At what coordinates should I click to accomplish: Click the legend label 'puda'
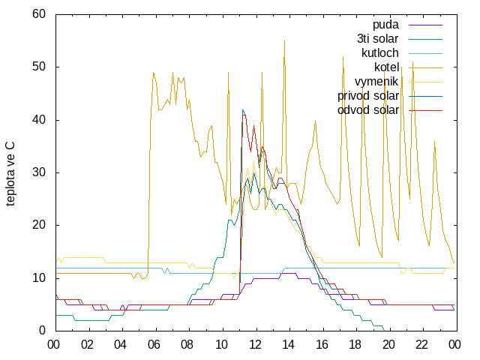[x=385, y=25]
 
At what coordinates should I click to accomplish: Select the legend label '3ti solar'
[x=378, y=39]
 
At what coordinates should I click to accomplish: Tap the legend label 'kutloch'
[x=380, y=53]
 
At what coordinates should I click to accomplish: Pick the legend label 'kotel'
[x=387, y=67]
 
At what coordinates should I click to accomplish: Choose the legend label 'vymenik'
[x=376, y=82]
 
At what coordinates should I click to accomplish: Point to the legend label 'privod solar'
[x=368, y=96]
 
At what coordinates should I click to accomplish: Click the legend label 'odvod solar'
[x=368, y=110]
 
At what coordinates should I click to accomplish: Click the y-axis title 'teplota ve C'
[x=10, y=173]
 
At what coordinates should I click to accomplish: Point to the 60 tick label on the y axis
[x=39, y=14]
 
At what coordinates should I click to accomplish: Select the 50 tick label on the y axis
[x=39, y=67]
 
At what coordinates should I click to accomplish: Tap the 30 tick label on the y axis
[x=39, y=172]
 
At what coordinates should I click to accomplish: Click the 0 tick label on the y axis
[x=42, y=331]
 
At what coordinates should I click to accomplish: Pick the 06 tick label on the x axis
[x=154, y=345]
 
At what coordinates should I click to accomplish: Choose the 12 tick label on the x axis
[x=255, y=345]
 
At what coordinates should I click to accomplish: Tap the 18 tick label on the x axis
[x=355, y=345]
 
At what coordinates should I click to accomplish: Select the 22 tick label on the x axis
[x=421, y=345]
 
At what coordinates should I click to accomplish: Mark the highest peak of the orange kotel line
[x=284, y=40]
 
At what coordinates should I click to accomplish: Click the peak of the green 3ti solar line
[x=242, y=110]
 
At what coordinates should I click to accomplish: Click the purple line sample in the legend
[x=425, y=25]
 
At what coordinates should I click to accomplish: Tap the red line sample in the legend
[x=425, y=110]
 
